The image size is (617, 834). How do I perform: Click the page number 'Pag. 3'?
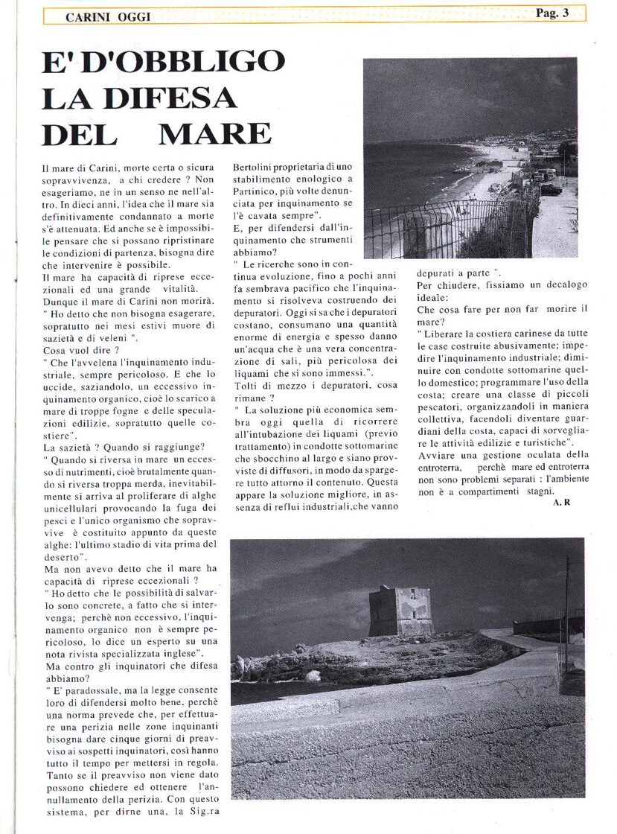point(552,13)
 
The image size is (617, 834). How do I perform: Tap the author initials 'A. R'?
point(562,503)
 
